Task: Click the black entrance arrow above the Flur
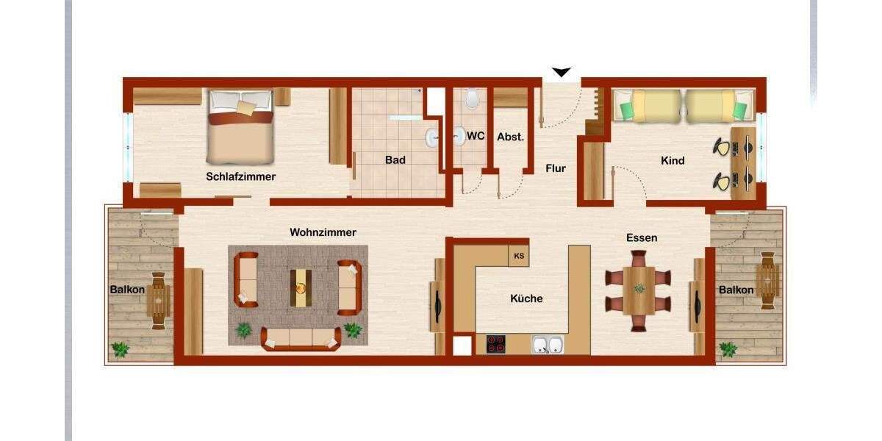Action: [562, 72]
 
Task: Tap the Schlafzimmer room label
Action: [240, 176]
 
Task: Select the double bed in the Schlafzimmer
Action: [241, 126]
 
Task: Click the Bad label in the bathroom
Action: [395, 159]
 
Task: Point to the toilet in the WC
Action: [472, 98]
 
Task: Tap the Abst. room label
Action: [510, 137]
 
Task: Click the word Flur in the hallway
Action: [556, 168]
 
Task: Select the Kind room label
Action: [673, 160]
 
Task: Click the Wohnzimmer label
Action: [323, 232]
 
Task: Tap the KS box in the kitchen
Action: [519, 256]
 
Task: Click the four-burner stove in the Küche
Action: [495, 344]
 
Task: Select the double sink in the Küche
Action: [548, 345]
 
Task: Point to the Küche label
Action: [526, 298]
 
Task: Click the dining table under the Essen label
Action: [639, 290]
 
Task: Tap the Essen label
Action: [641, 237]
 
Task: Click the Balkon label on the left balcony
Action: [126, 290]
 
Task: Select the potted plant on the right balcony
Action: [728, 349]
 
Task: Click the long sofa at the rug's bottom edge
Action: [301, 338]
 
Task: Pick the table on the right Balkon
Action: [767, 279]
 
